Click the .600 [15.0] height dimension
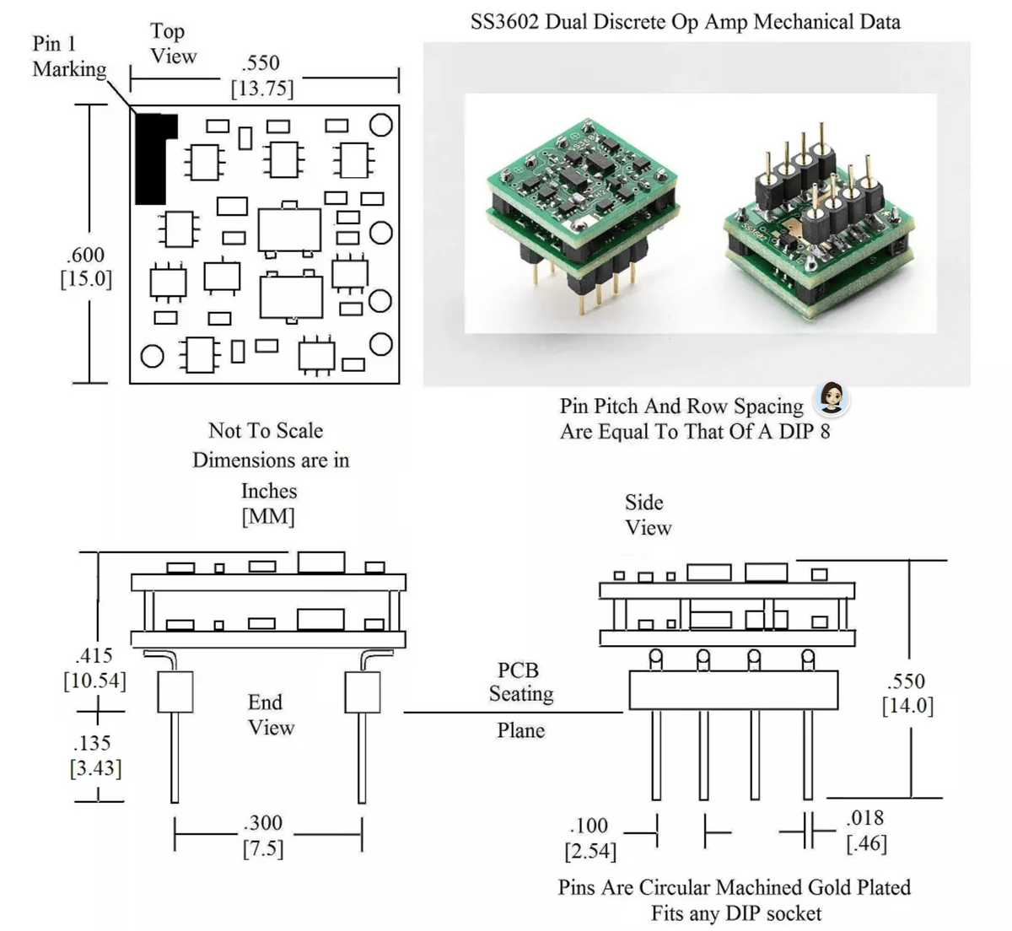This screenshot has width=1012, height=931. tap(86, 266)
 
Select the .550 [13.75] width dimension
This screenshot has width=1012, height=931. tap(261, 76)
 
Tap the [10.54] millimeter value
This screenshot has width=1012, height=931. tap(95, 681)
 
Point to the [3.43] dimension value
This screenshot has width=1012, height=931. tap(95, 768)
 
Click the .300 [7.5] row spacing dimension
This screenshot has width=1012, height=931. tap(263, 835)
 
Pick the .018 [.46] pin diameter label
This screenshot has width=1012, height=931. tap(866, 830)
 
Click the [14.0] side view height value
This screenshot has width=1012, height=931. tap(907, 706)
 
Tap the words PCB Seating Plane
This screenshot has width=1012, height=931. tap(520, 700)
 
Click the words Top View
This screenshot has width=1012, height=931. tap(173, 44)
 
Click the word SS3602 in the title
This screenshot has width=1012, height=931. tap(505, 22)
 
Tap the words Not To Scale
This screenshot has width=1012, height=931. tap(266, 431)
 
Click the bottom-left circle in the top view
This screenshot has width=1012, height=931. tap(152, 356)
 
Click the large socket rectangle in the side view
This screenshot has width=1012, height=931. tap(733, 690)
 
